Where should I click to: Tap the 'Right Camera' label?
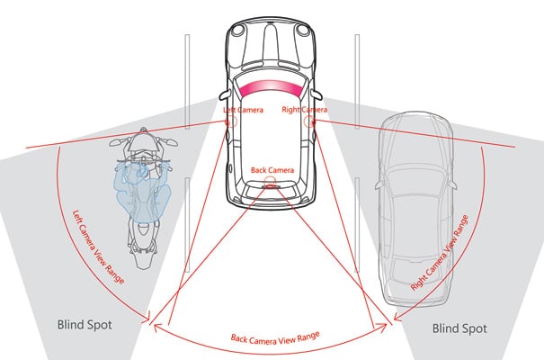click(x=303, y=111)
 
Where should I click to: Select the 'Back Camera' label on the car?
click(x=271, y=168)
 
